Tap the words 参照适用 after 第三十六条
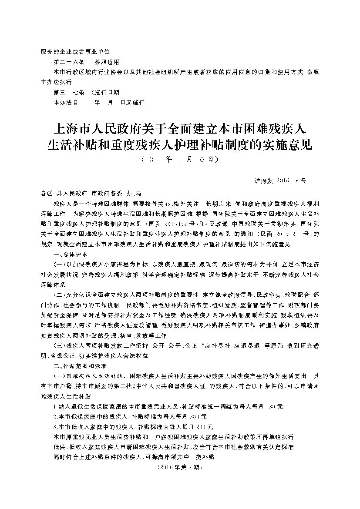(107, 62)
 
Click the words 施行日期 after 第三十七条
(106, 93)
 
